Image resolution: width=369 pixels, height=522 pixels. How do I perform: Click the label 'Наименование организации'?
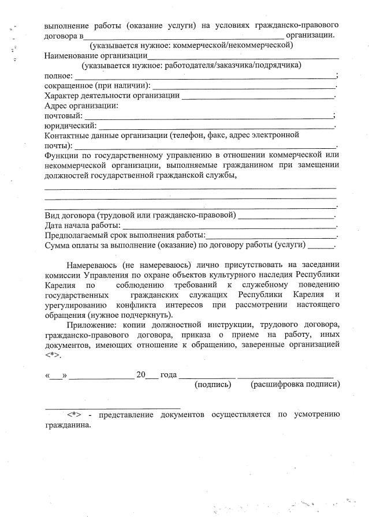95,56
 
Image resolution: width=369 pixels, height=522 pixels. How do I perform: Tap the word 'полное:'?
58,76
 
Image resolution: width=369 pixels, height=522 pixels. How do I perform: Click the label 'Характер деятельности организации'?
112,95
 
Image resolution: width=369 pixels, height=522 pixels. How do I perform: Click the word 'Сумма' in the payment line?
58,245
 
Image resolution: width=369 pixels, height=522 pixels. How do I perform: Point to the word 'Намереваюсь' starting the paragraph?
91,265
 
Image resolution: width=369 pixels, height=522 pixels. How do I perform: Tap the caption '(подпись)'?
214,384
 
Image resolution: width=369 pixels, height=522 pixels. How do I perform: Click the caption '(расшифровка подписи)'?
295,384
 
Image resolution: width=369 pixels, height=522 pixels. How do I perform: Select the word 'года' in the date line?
169,374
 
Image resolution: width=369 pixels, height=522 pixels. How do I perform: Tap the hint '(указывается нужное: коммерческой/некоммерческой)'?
191,45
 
